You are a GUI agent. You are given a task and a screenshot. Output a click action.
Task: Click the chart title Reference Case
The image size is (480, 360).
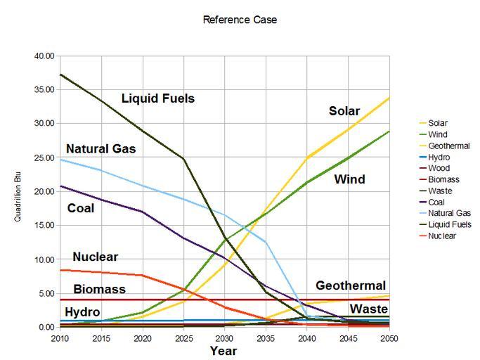tap(240, 20)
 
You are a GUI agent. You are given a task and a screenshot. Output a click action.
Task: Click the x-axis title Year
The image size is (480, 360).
tap(223, 349)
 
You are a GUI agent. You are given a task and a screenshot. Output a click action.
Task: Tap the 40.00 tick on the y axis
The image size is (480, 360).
tap(44, 56)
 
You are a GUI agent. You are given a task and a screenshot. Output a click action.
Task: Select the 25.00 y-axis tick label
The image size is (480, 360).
tap(44, 157)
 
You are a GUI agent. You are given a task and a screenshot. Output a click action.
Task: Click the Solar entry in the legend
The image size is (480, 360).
tap(439, 123)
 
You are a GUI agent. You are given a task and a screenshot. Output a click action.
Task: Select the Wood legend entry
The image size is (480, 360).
tap(439, 168)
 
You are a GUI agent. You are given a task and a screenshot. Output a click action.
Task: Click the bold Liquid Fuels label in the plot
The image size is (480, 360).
tap(157, 98)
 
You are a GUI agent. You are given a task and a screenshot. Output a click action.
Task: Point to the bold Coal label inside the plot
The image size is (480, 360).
tap(81, 208)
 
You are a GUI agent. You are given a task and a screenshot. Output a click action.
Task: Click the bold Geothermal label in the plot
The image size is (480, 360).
tap(351, 285)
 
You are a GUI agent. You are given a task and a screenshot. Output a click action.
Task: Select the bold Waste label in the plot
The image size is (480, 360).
tap(369, 309)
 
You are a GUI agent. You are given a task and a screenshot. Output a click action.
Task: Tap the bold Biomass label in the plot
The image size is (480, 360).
tap(99, 289)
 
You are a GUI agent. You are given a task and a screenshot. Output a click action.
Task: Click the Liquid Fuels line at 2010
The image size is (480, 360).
tap(61, 75)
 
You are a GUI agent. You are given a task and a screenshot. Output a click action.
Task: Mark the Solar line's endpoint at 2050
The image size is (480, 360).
tap(389, 98)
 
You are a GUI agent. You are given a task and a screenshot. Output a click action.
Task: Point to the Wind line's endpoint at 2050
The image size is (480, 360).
tap(389, 131)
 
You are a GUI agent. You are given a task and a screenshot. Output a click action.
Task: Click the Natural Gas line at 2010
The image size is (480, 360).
tap(61, 160)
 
